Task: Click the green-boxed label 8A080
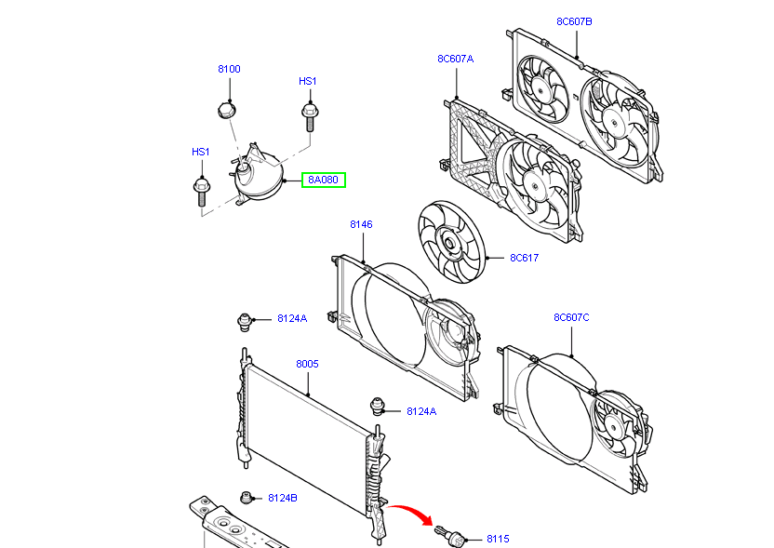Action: click(323, 180)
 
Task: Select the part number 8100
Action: click(229, 69)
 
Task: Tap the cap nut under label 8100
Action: click(225, 111)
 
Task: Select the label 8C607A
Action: click(456, 59)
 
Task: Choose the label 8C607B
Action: click(574, 20)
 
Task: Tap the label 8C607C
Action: click(571, 317)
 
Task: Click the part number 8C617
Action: click(524, 258)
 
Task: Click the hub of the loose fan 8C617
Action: click(448, 246)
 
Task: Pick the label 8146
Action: click(361, 224)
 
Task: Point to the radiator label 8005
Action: click(307, 364)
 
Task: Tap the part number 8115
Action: click(499, 539)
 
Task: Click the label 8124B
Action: click(283, 498)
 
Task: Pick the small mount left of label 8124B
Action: click(247, 496)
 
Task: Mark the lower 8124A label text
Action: click(420, 410)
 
